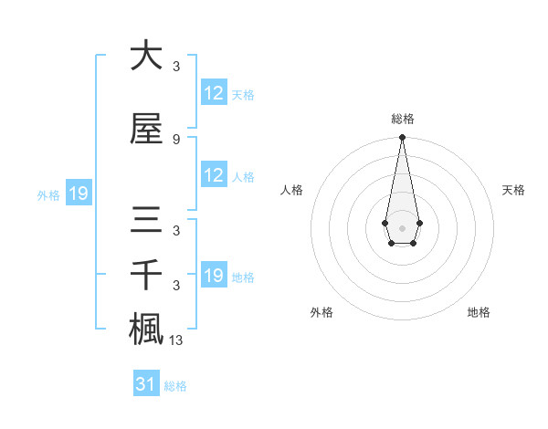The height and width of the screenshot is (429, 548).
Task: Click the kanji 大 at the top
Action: [x=146, y=56]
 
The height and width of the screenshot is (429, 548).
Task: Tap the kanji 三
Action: [x=146, y=221]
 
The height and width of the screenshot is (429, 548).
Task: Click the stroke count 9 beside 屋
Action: [x=175, y=140]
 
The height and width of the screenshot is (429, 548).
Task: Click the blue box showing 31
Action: [x=146, y=384]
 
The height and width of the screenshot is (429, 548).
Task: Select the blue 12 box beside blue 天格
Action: [x=214, y=93]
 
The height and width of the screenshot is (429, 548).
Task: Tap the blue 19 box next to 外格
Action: [x=79, y=194]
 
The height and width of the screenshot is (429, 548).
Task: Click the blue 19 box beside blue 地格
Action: [x=214, y=276]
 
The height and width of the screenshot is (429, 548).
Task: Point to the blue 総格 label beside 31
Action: [x=175, y=386]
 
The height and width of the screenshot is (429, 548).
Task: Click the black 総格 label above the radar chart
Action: [x=402, y=119]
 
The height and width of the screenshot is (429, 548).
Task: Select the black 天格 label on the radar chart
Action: [x=514, y=190]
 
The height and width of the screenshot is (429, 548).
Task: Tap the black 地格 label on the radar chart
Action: [x=479, y=312]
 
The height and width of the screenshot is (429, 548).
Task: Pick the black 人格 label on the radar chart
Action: [x=292, y=190]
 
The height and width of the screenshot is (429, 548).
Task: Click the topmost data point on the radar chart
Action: [x=402, y=137]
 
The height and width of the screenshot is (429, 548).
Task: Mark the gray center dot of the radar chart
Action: [x=402, y=226]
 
